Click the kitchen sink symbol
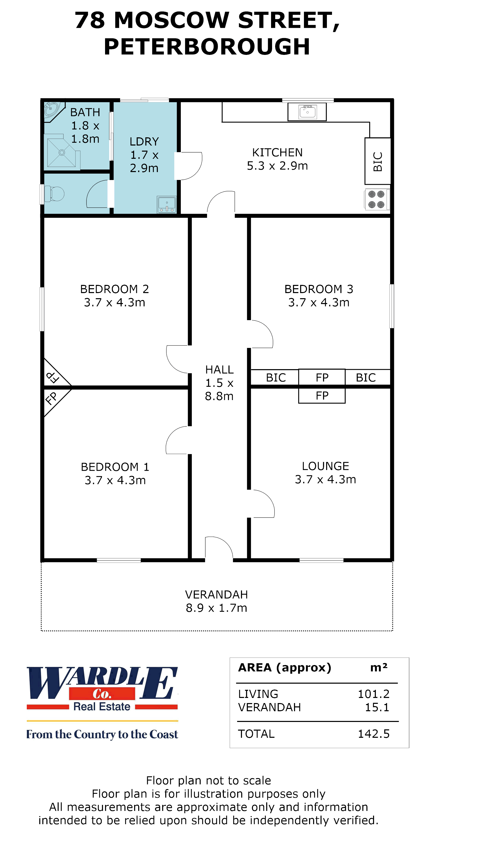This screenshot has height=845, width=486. (x=307, y=112)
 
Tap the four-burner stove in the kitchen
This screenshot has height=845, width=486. (x=376, y=199)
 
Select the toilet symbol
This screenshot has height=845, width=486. (x=55, y=194)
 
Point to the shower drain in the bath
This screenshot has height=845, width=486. (x=62, y=153)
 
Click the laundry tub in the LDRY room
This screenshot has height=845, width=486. (x=167, y=204)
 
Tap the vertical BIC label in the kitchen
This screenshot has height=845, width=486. (x=378, y=161)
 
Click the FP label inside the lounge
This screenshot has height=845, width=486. (x=322, y=396)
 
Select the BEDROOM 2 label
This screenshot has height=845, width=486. (x=114, y=289)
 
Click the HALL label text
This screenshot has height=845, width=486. (x=219, y=370)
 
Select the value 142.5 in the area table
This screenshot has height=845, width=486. (x=374, y=734)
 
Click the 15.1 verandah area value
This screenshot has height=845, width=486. (x=377, y=707)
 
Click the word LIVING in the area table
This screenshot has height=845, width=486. (x=258, y=694)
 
